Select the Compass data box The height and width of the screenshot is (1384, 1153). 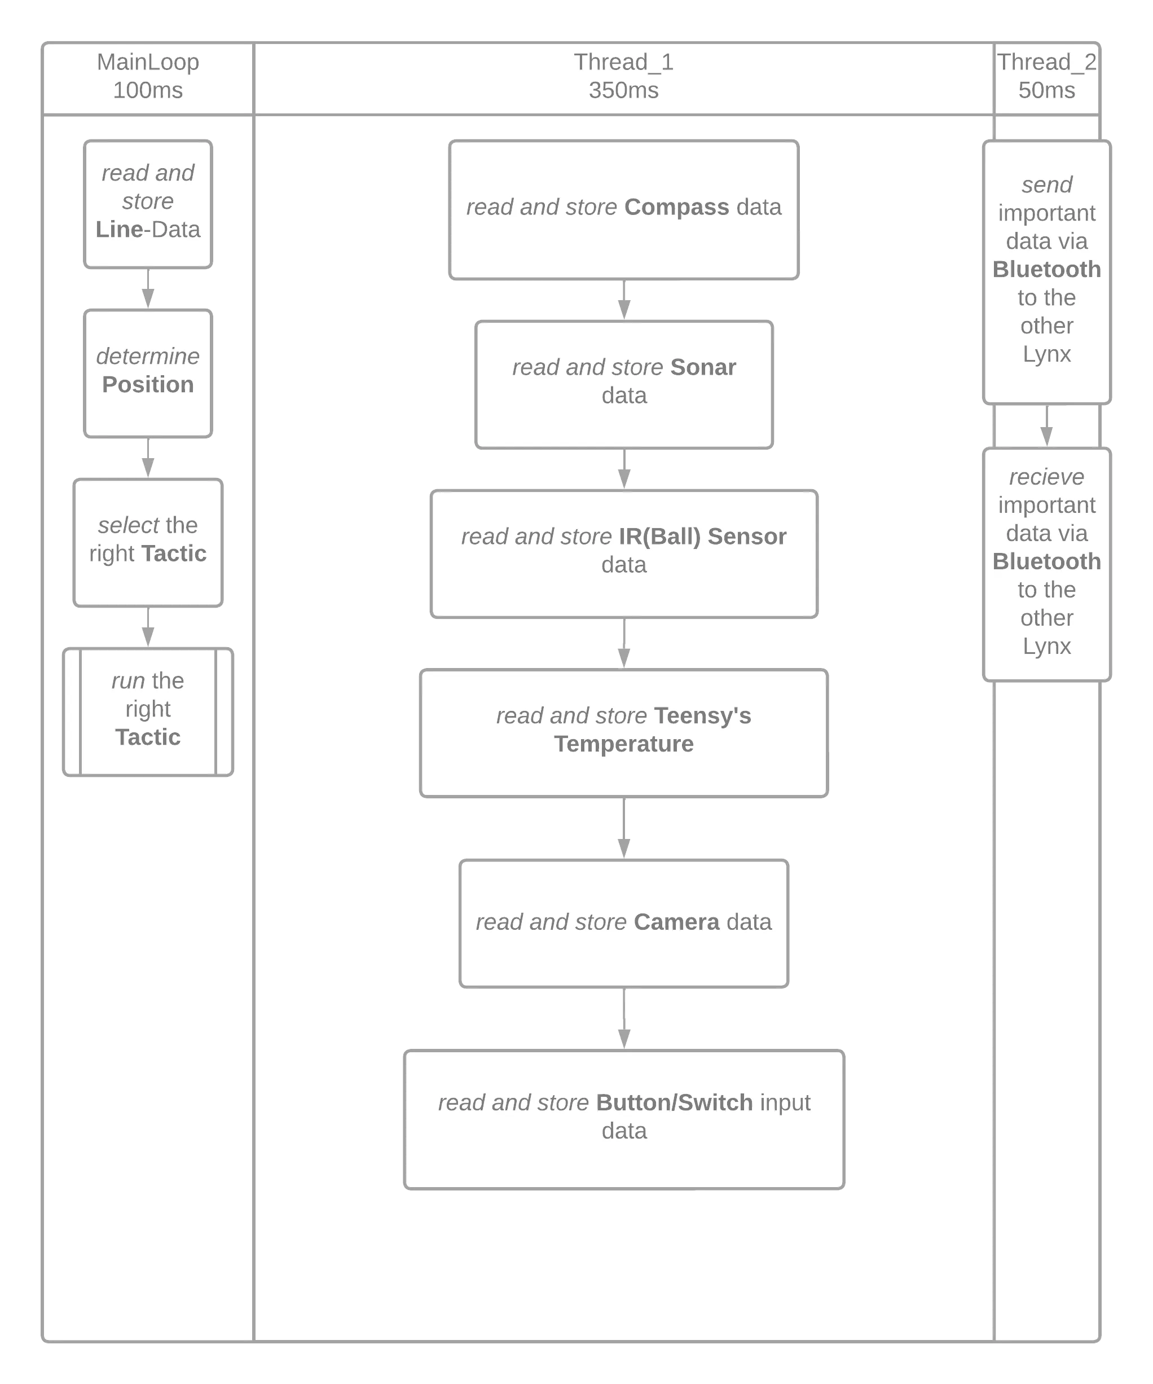pyautogui.click(x=623, y=209)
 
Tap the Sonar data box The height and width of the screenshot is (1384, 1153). pyautogui.click(x=623, y=384)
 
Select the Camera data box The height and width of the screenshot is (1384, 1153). pyautogui.click(x=623, y=922)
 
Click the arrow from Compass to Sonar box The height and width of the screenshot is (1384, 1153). pyautogui.click(x=623, y=301)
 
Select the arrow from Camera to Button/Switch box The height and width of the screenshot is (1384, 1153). pyautogui.click(x=623, y=1019)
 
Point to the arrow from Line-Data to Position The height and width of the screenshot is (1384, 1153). pyautogui.click(x=148, y=289)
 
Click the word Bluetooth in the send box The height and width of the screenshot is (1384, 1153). pyautogui.click(x=1046, y=270)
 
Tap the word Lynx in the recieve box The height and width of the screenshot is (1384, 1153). pyautogui.click(x=1046, y=647)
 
